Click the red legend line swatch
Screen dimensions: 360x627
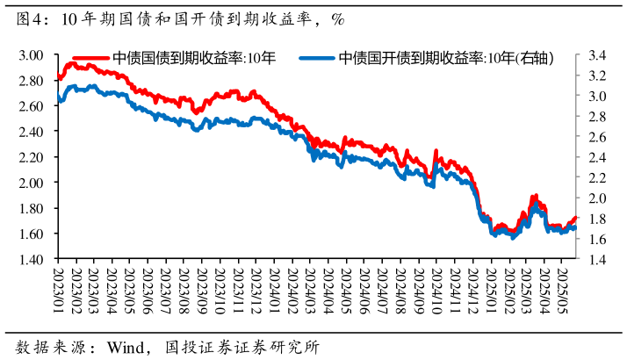pyautogui.click(x=90, y=59)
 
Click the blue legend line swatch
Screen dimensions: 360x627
pyautogui.click(x=316, y=59)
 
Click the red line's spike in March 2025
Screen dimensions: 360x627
pyautogui.click(x=534, y=197)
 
